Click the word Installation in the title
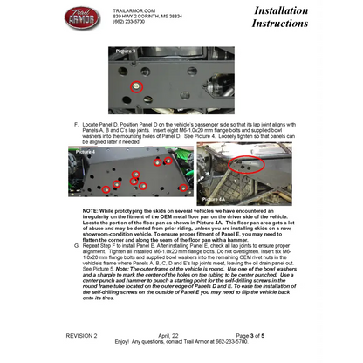281,10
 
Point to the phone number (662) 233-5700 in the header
128,22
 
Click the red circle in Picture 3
135,86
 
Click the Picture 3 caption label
127,51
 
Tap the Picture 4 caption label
86,152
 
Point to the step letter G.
77,247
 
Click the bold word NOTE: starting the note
92,211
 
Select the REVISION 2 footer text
82,335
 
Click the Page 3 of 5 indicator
257,335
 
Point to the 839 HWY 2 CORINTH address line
147,17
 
